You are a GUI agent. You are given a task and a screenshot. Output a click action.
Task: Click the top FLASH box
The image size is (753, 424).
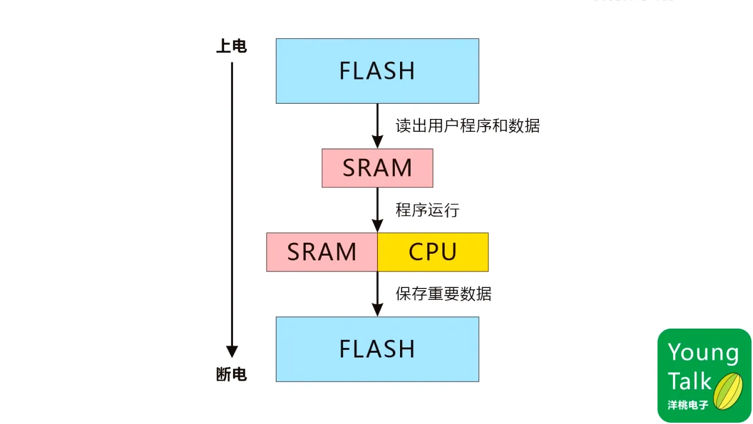pos(377,71)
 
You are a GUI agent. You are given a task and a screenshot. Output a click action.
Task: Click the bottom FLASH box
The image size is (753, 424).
pos(377,349)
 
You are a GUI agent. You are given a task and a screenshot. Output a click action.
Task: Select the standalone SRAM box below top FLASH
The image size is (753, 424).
pos(377,168)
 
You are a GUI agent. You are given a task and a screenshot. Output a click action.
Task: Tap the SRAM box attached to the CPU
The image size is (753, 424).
pos(322,252)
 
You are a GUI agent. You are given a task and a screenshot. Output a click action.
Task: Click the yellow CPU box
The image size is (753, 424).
pos(432,252)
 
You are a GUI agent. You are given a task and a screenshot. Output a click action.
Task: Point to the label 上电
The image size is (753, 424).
pos(231,47)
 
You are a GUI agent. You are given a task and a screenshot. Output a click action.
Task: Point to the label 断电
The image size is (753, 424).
pos(231,375)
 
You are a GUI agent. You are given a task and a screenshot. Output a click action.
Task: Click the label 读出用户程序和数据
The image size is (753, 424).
pos(468,125)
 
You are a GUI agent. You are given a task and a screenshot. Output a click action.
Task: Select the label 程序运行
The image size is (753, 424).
pos(427,210)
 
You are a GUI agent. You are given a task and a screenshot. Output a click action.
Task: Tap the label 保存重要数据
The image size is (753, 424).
pos(444,293)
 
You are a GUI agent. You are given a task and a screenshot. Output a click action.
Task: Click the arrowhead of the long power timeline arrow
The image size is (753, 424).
pos(232,351)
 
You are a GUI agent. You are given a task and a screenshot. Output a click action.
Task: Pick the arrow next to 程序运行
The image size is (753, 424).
pos(377,210)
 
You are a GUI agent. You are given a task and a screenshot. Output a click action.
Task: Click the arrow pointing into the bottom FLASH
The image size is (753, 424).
pos(377,294)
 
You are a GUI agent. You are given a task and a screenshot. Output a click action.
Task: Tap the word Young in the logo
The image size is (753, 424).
pos(703,353)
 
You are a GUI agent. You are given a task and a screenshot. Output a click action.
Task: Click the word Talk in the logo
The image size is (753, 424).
pos(689,382)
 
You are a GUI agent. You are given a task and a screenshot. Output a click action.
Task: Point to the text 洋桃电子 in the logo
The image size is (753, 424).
pos(688,406)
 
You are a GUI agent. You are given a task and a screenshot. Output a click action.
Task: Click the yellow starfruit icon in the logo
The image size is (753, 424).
pos(728,390)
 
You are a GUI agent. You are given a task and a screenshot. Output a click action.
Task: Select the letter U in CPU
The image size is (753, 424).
pos(448,252)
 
